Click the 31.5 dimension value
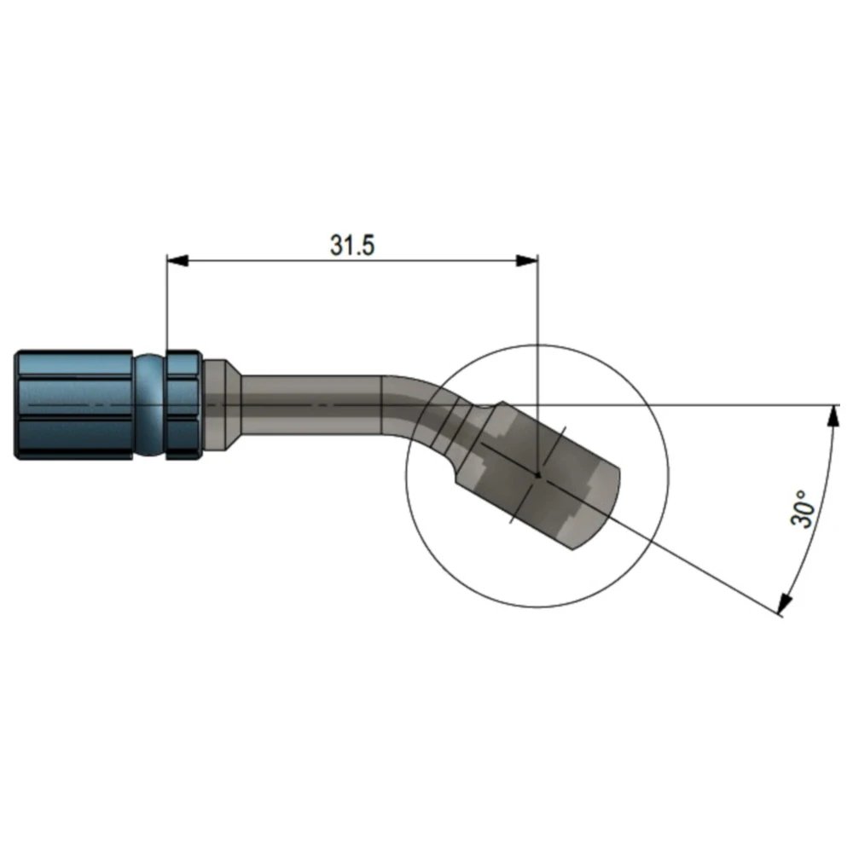(352, 246)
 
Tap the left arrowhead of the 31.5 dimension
(177, 260)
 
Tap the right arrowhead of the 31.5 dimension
(526, 260)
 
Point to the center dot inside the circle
(537, 475)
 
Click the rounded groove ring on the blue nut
(149, 405)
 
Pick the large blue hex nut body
(73, 405)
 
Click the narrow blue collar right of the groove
(184, 405)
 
